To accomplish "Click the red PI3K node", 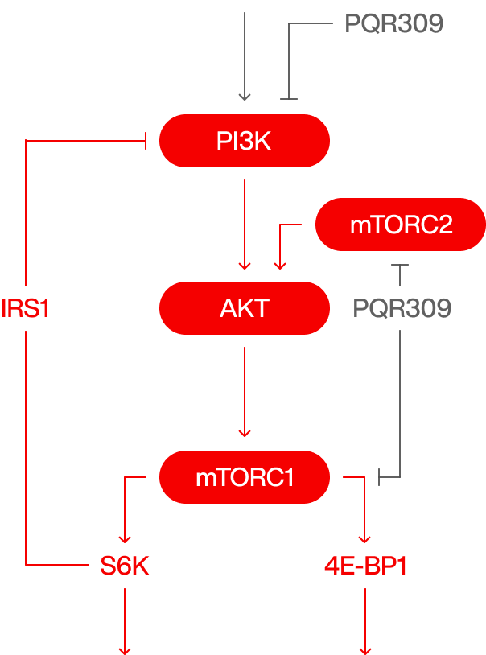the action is coord(245,141).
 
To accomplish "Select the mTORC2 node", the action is coord(401,225).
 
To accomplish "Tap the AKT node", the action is coord(245,308).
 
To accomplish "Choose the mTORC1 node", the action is coord(245,477).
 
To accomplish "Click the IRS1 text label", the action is coord(25,309).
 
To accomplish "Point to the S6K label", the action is coord(125,566).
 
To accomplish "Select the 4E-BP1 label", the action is coord(365,566).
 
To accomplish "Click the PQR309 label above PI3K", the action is coord(394,23).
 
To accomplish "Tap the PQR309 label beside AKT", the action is coord(402,308).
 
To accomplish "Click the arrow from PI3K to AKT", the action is coord(245,225).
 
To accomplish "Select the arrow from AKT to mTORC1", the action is coord(245,392).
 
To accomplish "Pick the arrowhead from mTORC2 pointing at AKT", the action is coord(280,266).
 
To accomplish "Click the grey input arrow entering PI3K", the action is coord(245,56).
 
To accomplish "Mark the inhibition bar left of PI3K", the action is coord(145,141).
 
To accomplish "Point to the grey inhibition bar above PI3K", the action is coord(289,99).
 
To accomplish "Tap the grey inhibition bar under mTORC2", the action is coord(400,265).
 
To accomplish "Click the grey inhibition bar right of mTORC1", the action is coord(379,477).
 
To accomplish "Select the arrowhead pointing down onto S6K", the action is coord(125,539).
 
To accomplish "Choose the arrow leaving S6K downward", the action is coord(125,621).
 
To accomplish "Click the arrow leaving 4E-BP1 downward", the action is coord(365,621).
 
